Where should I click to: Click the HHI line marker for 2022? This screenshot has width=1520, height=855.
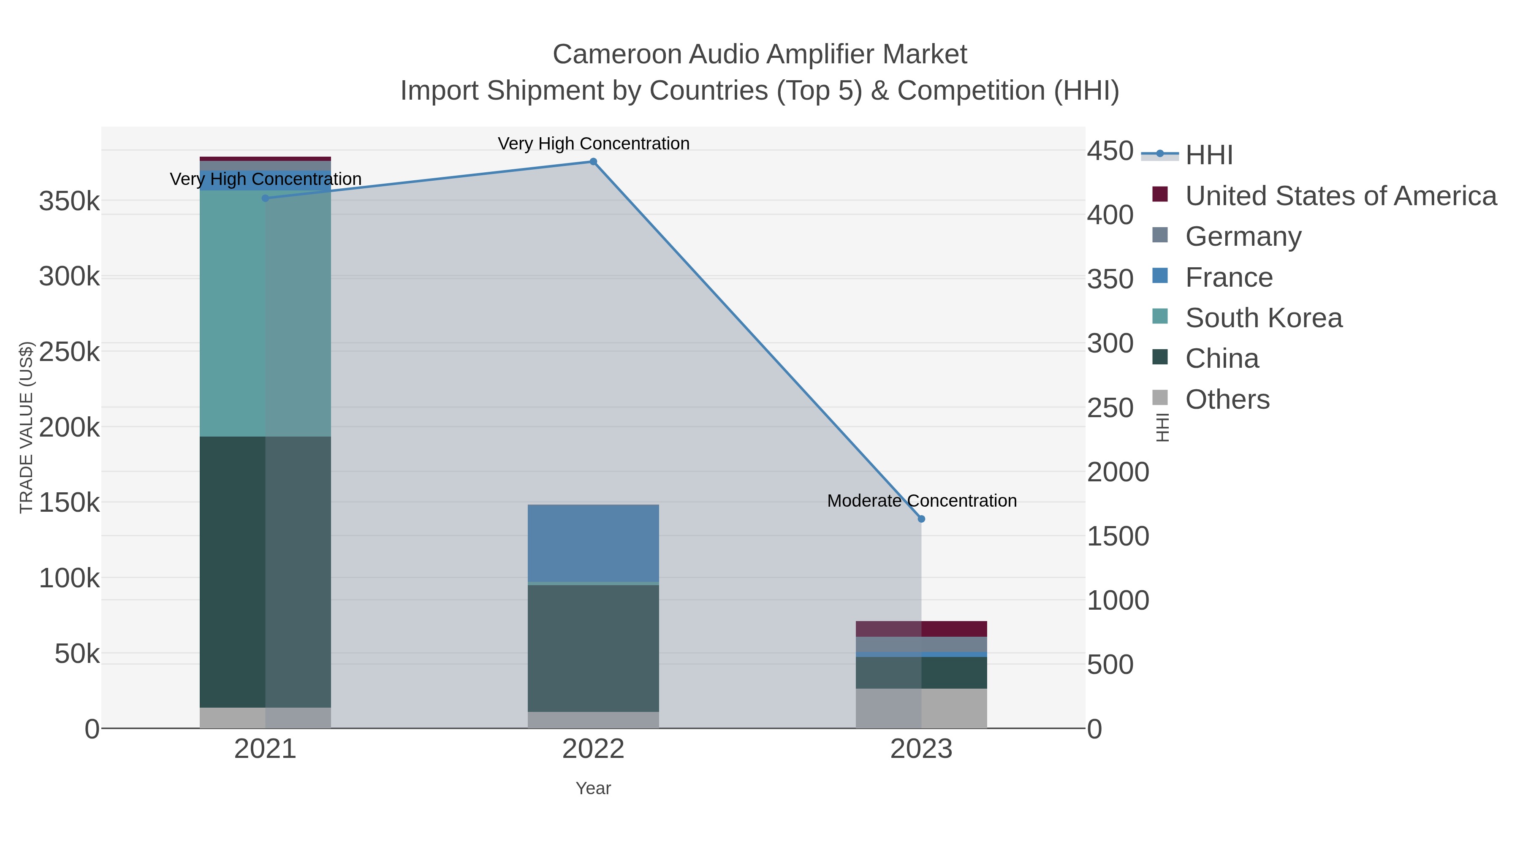(593, 162)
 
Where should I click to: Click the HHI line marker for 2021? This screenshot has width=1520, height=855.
(266, 198)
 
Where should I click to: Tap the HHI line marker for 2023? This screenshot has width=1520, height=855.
(921, 518)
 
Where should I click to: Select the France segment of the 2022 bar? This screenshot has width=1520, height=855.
(593, 543)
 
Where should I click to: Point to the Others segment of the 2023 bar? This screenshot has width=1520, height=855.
(921, 708)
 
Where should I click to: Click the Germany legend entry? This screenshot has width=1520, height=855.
(1243, 236)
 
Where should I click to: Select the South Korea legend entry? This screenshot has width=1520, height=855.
(1263, 318)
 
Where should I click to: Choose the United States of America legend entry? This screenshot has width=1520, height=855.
(1340, 196)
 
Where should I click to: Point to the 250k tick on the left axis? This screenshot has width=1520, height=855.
(70, 352)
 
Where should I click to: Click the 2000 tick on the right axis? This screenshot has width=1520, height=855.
(1118, 472)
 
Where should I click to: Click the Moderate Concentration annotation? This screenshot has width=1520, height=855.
(921, 501)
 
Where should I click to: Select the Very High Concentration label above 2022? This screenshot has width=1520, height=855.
(593, 144)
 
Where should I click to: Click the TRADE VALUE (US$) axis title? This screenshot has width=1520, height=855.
(27, 427)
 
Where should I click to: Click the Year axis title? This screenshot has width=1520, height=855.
(593, 788)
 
